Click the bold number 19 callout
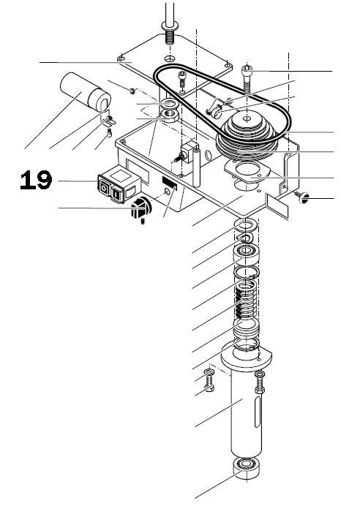point(36,181)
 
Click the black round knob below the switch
point(139,210)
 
